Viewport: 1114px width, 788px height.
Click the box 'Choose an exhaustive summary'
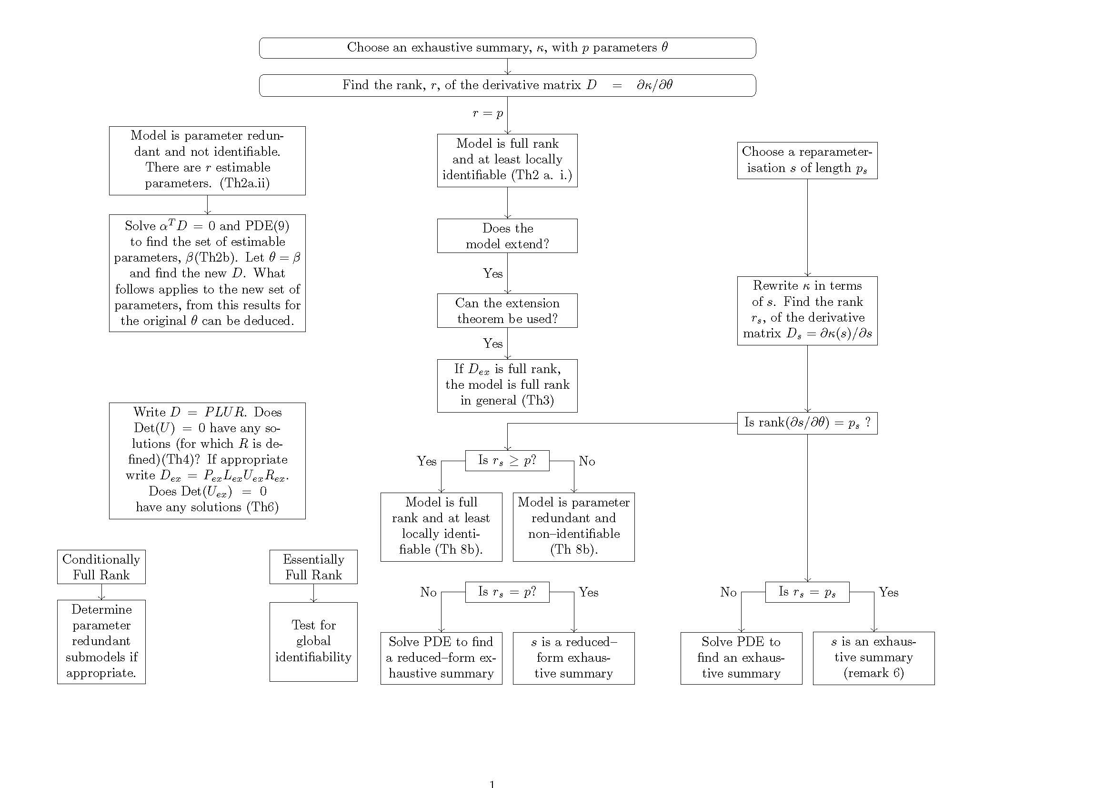(507, 48)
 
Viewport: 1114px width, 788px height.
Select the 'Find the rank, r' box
(507, 85)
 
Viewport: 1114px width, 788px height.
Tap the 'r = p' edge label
(488, 113)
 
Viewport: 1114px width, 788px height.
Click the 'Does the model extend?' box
(507, 236)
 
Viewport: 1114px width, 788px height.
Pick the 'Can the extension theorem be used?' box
(507, 311)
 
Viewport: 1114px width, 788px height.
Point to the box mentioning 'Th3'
(507, 386)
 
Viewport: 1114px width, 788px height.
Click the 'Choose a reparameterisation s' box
(807, 160)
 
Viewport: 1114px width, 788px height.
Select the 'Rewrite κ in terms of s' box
(807, 311)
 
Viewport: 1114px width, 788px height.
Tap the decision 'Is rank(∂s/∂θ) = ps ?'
(807, 423)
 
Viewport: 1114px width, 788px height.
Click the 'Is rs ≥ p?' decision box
(507, 461)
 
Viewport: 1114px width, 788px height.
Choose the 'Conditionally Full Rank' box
(101, 567)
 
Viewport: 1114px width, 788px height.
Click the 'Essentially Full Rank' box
(313, 567)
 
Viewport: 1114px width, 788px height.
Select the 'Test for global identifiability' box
(313, 641)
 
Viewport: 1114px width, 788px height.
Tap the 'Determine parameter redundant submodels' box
(101, 641)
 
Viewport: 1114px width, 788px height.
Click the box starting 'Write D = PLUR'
(207, 461)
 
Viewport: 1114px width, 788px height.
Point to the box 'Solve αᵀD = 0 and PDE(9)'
(207, 273)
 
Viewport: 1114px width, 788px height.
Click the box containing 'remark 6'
(873, 658)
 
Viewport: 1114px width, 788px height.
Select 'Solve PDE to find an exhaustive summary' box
(741, 658)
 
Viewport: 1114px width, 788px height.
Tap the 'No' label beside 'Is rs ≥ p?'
(587, 461)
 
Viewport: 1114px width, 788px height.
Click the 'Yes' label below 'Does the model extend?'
(492, 273)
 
